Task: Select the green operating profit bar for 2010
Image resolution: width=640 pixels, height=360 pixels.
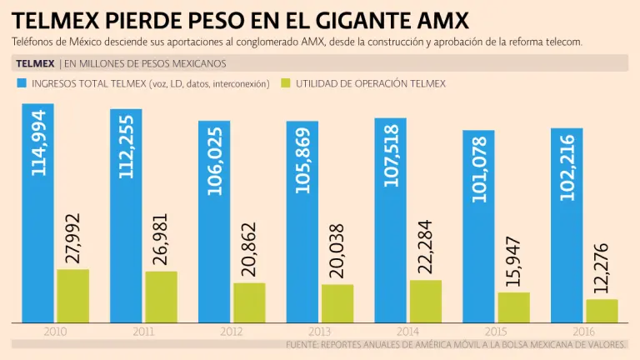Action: coord(72,296)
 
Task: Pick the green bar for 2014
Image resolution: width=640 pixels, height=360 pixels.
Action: coord(426,301)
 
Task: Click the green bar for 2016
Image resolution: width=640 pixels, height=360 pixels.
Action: coord(602,310)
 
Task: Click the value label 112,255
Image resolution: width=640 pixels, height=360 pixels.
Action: coord(127,150)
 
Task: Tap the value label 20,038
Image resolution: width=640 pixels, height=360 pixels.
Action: coord(337,250)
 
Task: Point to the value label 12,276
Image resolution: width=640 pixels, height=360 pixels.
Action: coord(602,269)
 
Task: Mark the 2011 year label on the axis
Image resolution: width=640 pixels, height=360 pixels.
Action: coord(143,332)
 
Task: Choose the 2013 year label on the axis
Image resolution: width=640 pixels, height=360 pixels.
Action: coord(320,332)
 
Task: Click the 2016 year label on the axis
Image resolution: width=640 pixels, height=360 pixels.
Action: coord(585,332)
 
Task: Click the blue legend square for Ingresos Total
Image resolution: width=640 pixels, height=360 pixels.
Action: coord(20,83)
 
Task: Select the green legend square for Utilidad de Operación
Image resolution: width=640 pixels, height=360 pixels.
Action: coord(286,83)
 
